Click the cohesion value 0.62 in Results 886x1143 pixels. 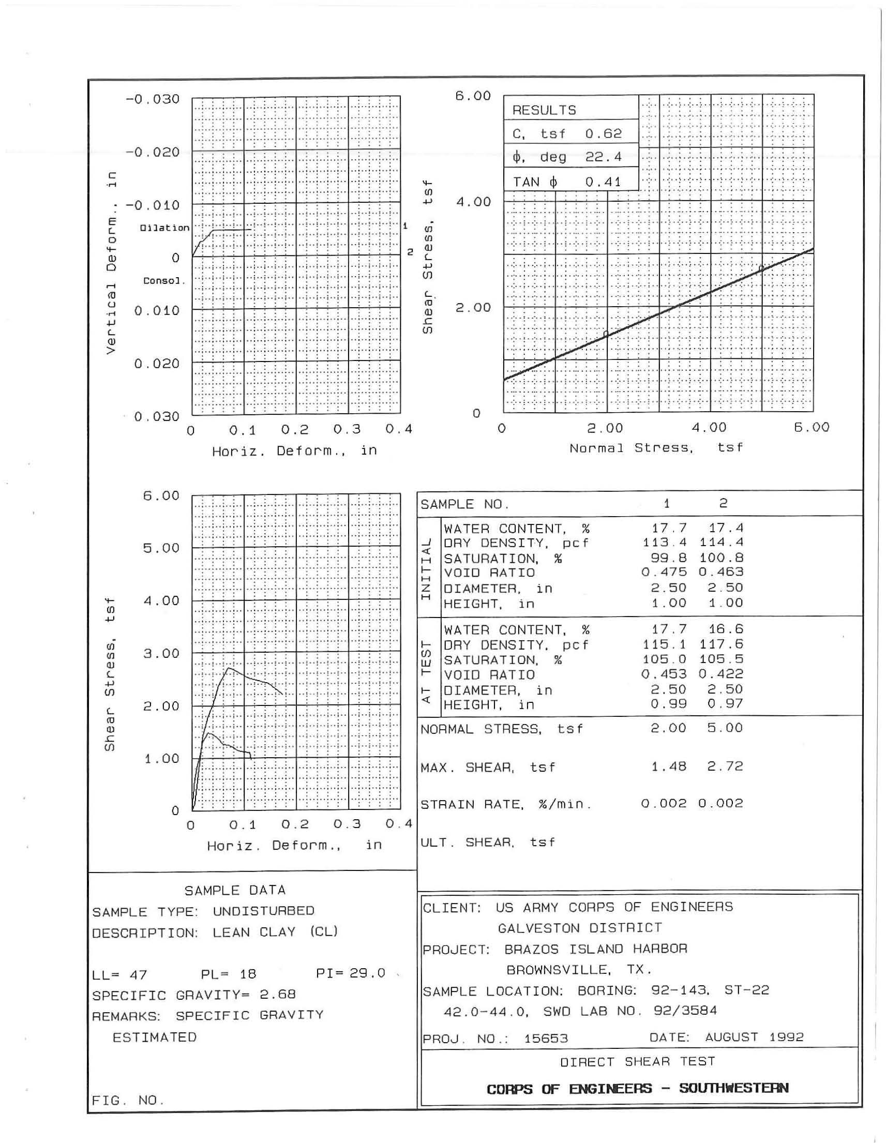coord(603,133)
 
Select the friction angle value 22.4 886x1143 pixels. coord(603,157)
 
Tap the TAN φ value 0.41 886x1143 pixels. coord(603,182)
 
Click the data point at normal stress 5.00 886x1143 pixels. coord(761,268)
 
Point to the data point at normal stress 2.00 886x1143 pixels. coord(606,334)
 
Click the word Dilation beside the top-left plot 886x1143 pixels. coord(164,228)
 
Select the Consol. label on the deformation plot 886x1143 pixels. coord(164,281)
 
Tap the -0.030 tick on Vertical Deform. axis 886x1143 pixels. coord(152,99)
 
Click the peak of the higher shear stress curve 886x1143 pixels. coord(229,668)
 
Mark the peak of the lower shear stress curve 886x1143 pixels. coord(209,733)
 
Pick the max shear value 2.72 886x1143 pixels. coord(725,766)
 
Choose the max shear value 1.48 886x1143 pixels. coord(668,766)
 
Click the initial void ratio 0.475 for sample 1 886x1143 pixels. coord(664,572)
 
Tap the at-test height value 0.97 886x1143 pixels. coord(725,704)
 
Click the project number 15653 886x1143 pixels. coord(546,1039)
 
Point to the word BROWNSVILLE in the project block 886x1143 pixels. coord(558,970)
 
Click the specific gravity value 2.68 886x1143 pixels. coord(277,995)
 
